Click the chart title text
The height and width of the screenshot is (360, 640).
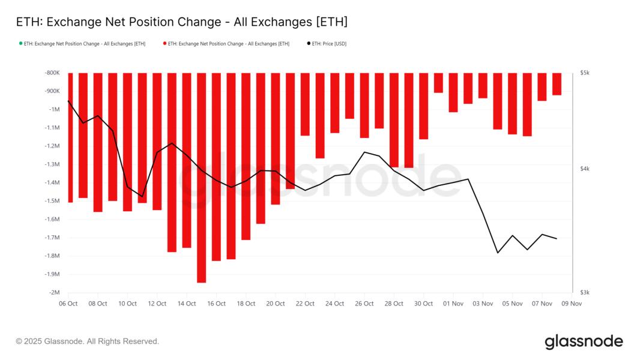tap(181, 22)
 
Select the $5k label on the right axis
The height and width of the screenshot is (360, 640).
tap(585, 73)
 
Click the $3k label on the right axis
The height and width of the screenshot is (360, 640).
tap(585, 293)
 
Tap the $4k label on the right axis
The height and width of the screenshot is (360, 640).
tap(585, 169)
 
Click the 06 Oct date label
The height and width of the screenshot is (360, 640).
tap(68, 304)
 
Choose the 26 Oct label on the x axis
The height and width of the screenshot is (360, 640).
tap(364, 304)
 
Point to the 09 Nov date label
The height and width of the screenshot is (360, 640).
tap(572, 304)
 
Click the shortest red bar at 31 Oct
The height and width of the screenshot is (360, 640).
tap(438, 83)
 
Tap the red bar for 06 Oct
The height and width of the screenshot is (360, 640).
tap(70, 137)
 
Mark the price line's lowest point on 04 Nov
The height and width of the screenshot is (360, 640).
tap(498, 253)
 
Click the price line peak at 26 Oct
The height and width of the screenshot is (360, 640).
tap(364, 152)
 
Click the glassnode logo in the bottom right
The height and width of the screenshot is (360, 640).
tap(584, 341)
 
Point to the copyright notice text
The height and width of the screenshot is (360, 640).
tap(88, 341)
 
